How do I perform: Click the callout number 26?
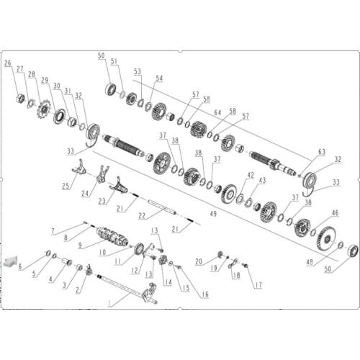[x=8, y=63]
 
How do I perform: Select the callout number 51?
[x=113, y=61]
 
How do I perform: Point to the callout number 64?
[x=197, y=112]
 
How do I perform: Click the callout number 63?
[x=322, y=152]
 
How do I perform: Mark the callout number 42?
[x=251, y=175]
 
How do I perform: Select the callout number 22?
[x=142, y=215]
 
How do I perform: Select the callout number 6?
[x=20, y=266]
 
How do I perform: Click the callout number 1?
[x=109, y=303]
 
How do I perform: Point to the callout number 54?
[x=159, y=78]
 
